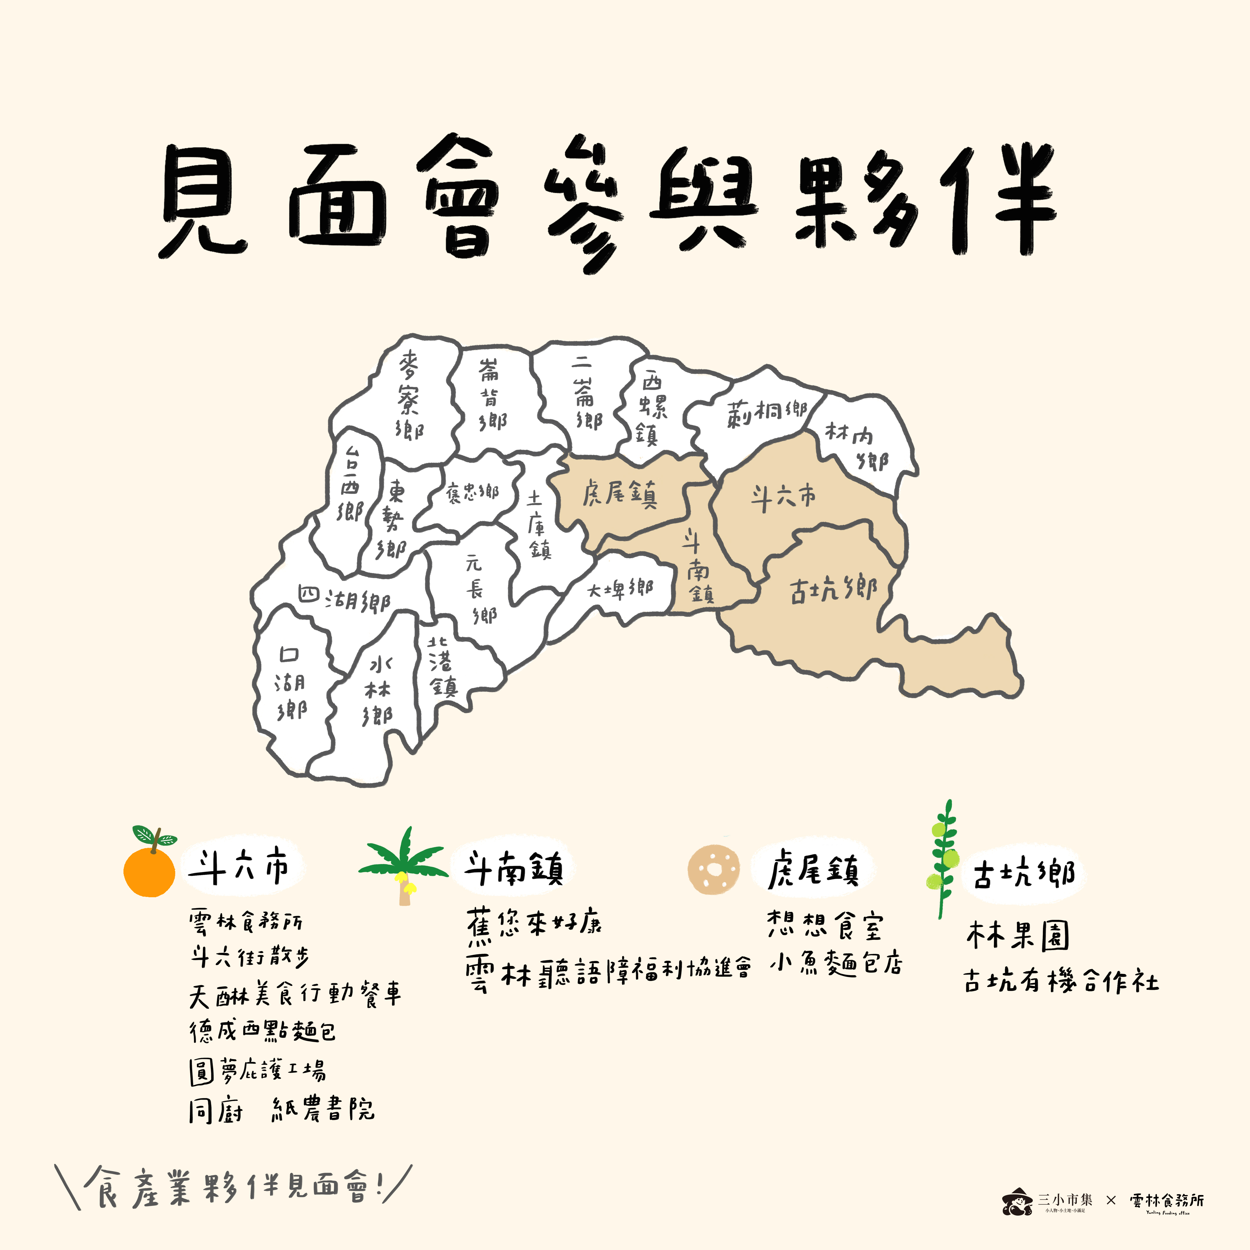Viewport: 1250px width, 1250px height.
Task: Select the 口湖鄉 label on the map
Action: (290, 683)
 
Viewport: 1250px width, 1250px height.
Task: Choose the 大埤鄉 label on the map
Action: (620, 589)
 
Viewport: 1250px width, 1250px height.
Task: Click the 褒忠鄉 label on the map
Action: (472, 493)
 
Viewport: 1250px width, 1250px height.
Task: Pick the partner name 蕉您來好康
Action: (534, 924)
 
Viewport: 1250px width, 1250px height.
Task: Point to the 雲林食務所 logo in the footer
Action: (1167, 1202)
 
